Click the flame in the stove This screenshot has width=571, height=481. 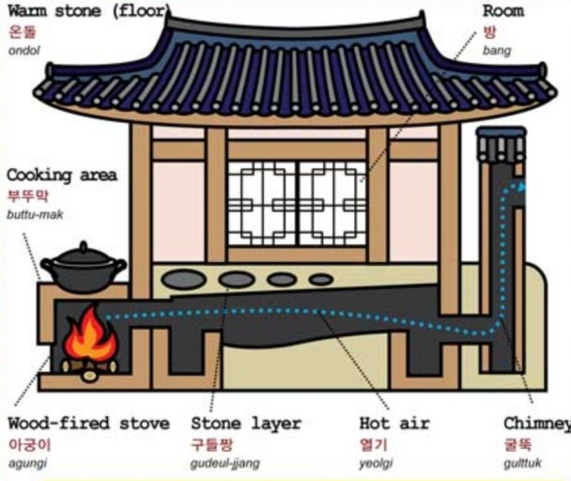(x=90, y=337)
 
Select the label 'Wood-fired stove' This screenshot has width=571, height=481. (x=88, y=424)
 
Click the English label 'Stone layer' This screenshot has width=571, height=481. (x=246, y=424)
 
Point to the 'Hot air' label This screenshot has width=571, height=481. (x=394, y=424)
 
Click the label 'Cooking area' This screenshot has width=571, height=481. (x=62, y=176)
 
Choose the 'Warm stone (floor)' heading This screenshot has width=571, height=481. (x=86, y=12)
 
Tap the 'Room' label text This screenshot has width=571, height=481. (x=502, y=12)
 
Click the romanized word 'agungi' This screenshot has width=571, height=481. (x=27, y=463)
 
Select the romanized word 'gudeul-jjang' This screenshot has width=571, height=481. (x=225, y=463)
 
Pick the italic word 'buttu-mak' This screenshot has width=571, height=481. (x=33, y=215)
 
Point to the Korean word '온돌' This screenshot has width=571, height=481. (x=22, y=31)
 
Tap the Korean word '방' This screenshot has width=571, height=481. (x=489, y=31)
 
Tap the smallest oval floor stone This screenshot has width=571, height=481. (x=321, y=279)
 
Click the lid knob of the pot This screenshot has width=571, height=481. (x=84, y=246)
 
